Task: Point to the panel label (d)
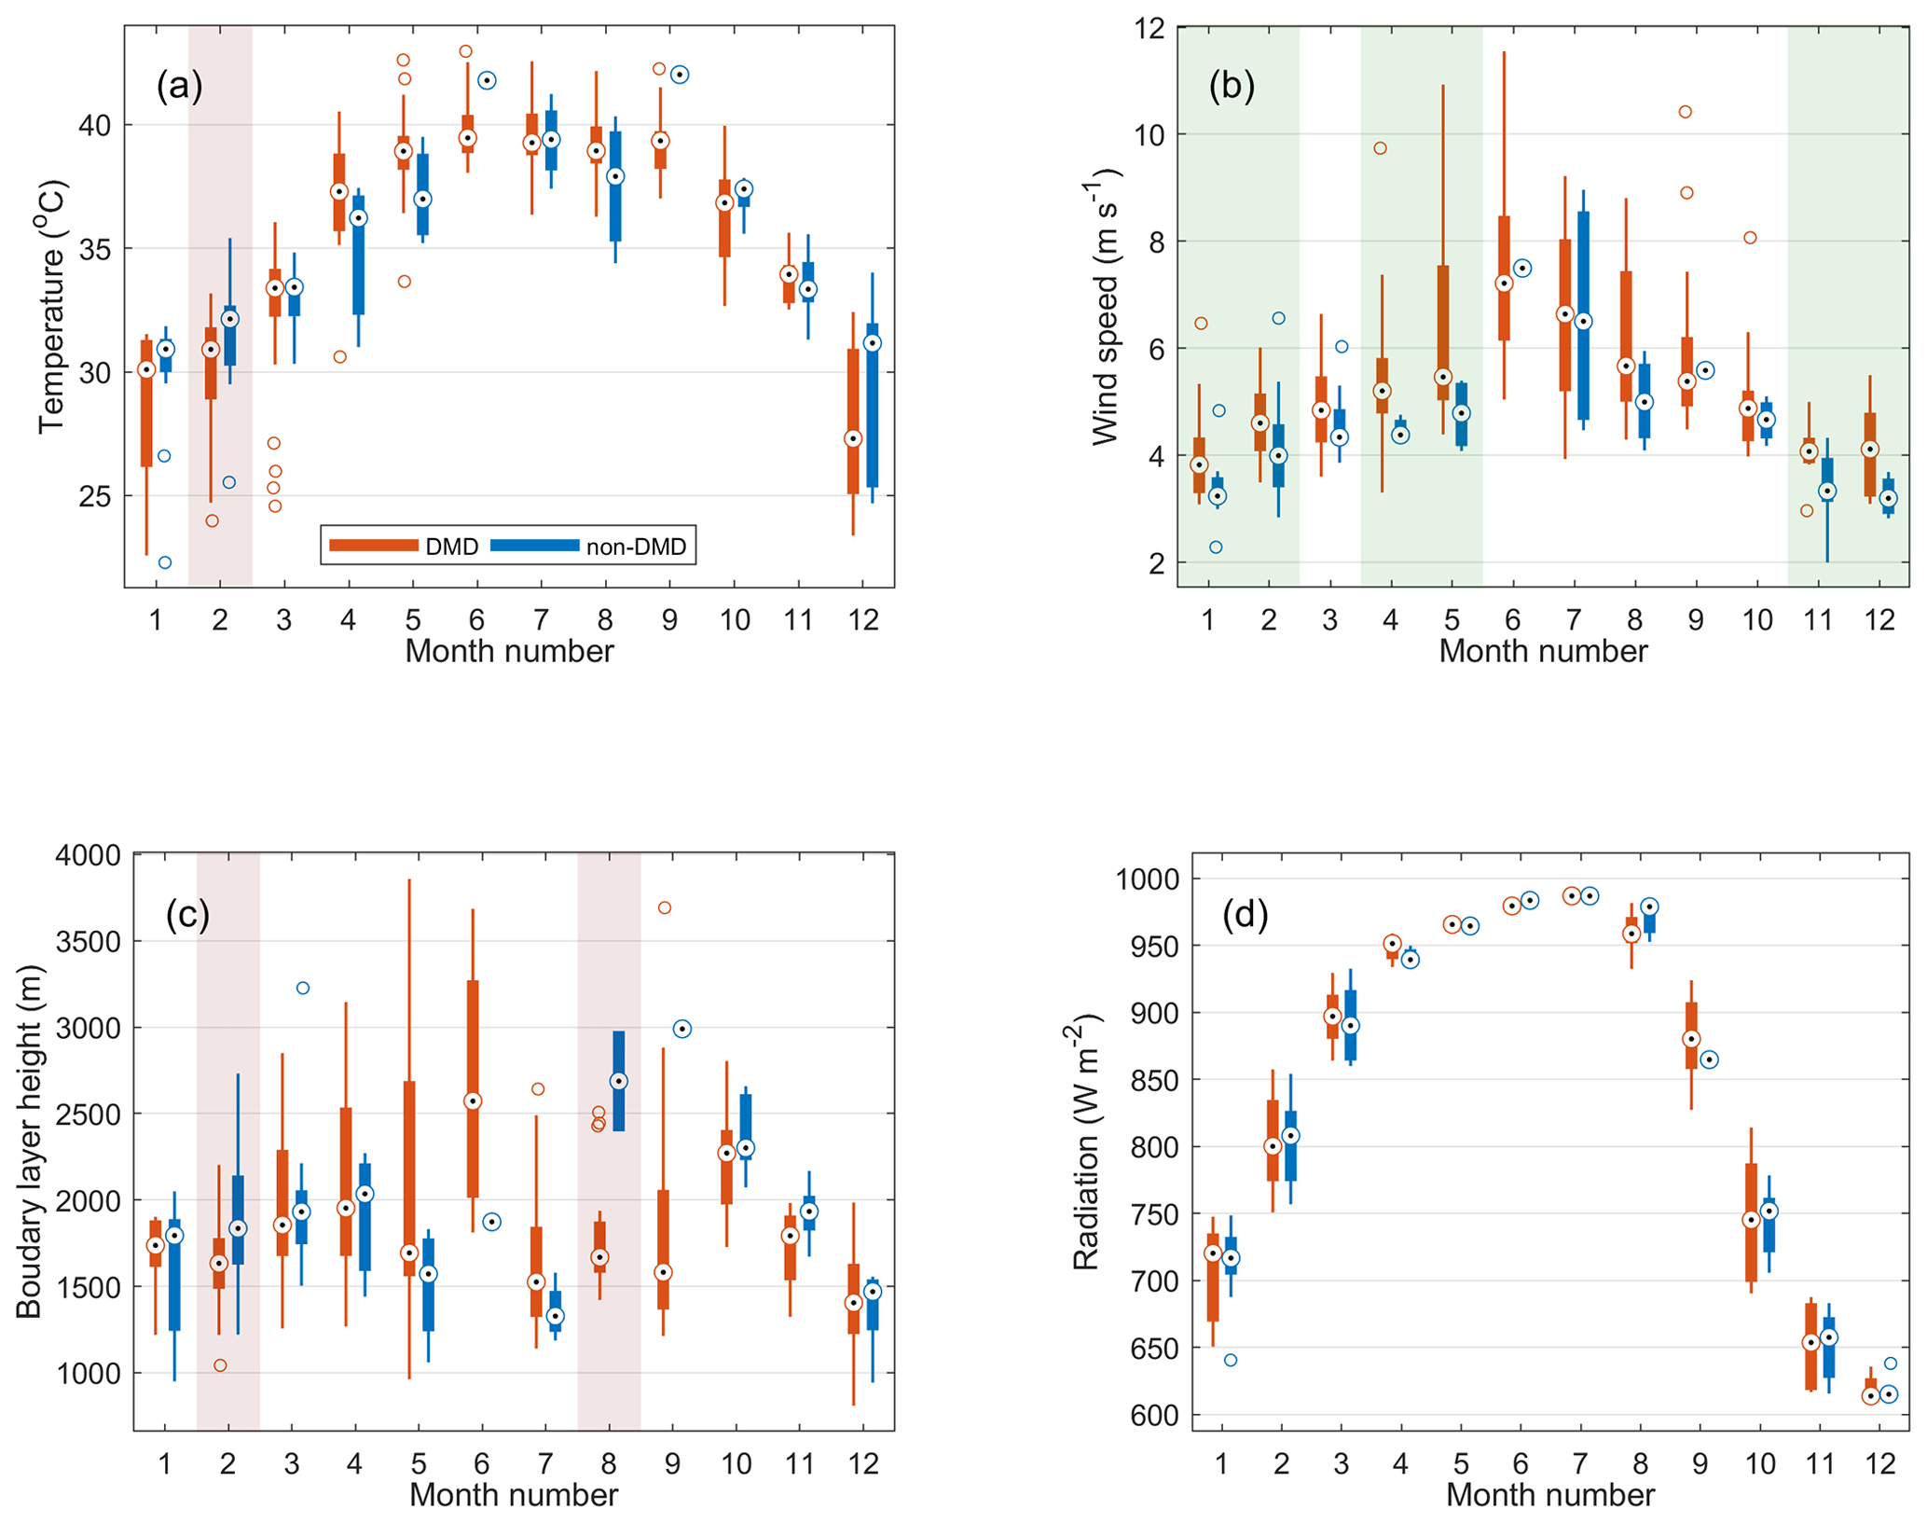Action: [x=1245, y=915]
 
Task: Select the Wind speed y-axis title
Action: [x=1105, y=307]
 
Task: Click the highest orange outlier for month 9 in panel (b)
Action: [x=1685, y=112]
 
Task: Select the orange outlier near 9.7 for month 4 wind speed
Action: [x=1380, y=148]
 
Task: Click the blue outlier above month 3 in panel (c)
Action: [x=302, y=988]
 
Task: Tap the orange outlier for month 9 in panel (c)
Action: [x=665, y=907]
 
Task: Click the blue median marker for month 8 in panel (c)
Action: [x=618, y=1081]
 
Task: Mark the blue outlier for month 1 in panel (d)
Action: [x=1231, y=1360]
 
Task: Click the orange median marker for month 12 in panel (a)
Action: [x=853, y=438]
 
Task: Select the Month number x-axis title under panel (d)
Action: [x=1549, y=1495]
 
